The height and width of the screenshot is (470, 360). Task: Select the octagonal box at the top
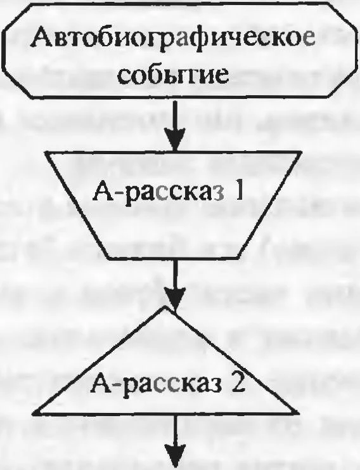click(x=181, y=50)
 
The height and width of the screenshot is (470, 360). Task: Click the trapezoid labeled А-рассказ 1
click(x=173, y=204)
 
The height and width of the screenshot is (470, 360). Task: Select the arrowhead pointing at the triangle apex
click(x=175, y=298)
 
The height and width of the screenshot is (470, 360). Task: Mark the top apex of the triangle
click(x=165, y=306)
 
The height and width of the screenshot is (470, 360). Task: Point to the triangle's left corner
click(x=34, y=414)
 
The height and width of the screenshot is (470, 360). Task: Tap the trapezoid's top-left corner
click(x=46, y=152)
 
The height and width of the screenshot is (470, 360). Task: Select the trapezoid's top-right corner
click(x=300, y=152)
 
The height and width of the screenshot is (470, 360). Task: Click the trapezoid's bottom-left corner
click(x=108, y=257)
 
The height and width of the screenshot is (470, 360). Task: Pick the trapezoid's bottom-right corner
click(x=239, y=257)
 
